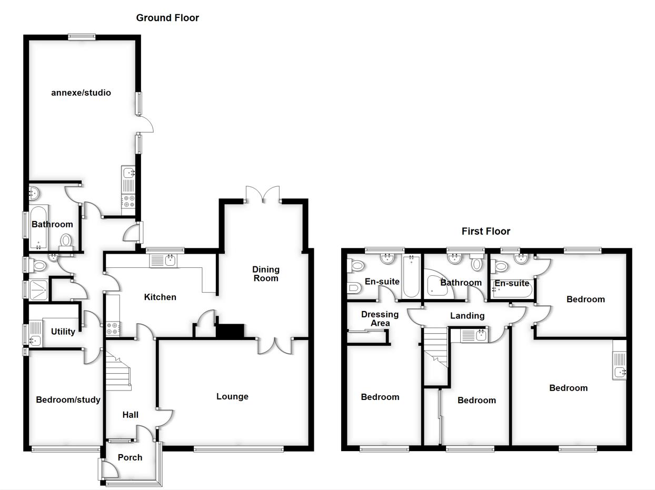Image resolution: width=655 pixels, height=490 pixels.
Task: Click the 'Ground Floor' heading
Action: (167, 18)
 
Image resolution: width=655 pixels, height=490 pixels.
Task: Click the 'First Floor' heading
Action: (485, 231)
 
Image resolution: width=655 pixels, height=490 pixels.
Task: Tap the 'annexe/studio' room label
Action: (81, 93)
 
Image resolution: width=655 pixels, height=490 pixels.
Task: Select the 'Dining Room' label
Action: (265, 274)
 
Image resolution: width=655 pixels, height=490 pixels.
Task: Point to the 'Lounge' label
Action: (232, 396)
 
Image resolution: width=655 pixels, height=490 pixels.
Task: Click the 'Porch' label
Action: (130, 457)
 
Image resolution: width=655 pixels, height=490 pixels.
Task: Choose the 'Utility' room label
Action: (63, 332)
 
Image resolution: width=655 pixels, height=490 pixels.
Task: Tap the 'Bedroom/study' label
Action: (68, 399)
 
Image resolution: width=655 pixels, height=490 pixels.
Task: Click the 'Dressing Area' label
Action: (380, 318)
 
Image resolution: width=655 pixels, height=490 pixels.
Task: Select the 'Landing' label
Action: (467, 316)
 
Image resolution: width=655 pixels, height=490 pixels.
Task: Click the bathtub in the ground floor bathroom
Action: (39, 228)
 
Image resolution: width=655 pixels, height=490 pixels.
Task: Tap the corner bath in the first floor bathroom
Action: (438, 285)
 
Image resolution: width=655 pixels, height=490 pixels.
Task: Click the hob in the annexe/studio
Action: (129, 202)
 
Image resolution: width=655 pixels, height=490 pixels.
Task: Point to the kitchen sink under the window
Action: (164, 260)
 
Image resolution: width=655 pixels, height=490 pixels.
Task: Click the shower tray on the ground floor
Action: (39, 289)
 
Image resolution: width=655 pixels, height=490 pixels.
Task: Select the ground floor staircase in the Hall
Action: (118, 371)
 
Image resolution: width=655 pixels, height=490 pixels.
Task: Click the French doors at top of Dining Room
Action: (263, 195)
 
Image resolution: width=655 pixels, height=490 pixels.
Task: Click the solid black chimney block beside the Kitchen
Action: (231, 331)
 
